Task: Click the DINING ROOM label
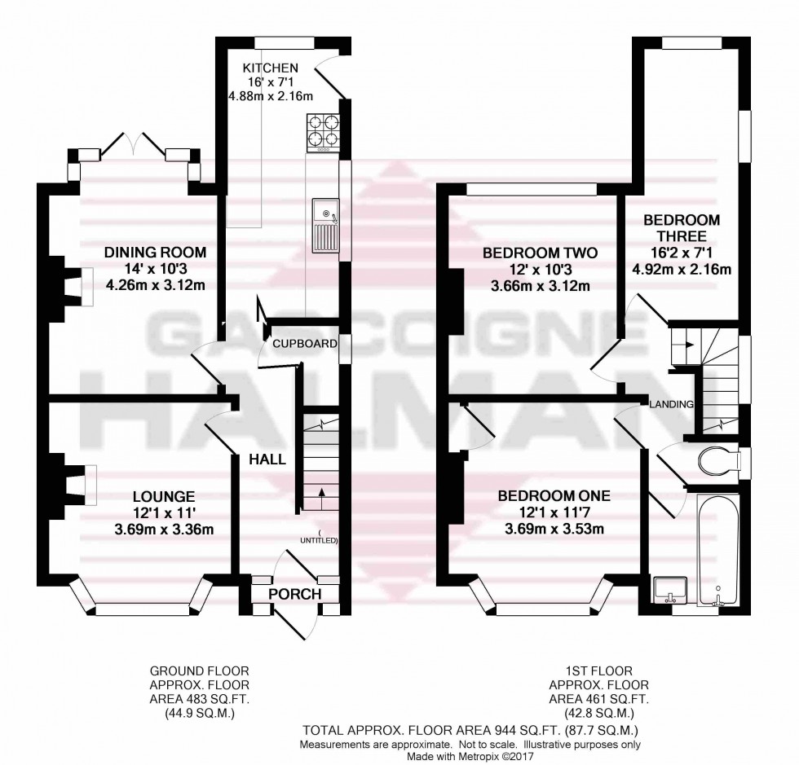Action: [155, 252]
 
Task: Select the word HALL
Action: [267, 459]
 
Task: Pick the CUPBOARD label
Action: [306, 344]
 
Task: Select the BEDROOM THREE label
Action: [682, 231]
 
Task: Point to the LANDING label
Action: [671, 404]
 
